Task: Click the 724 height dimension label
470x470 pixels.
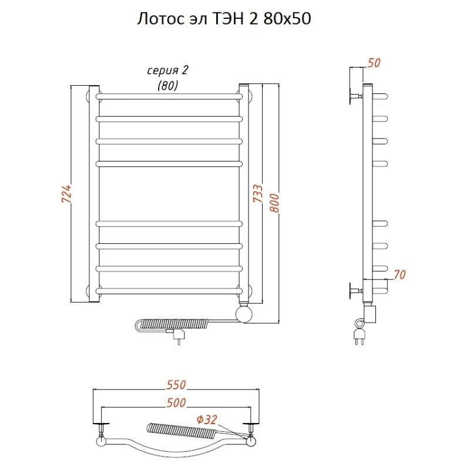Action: coord(66,194)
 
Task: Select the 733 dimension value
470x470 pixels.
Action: coord(258,193)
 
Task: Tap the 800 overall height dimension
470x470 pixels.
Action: coord(274,203)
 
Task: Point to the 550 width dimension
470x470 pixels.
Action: coord(176,385)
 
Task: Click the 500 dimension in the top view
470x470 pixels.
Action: coord(176,402)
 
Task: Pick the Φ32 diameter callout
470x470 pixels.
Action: coord(207,419)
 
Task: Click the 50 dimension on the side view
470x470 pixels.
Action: coord(374,63)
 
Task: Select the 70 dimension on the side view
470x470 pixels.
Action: coord(399,274)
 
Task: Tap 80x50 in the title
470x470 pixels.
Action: coord(287,19)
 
